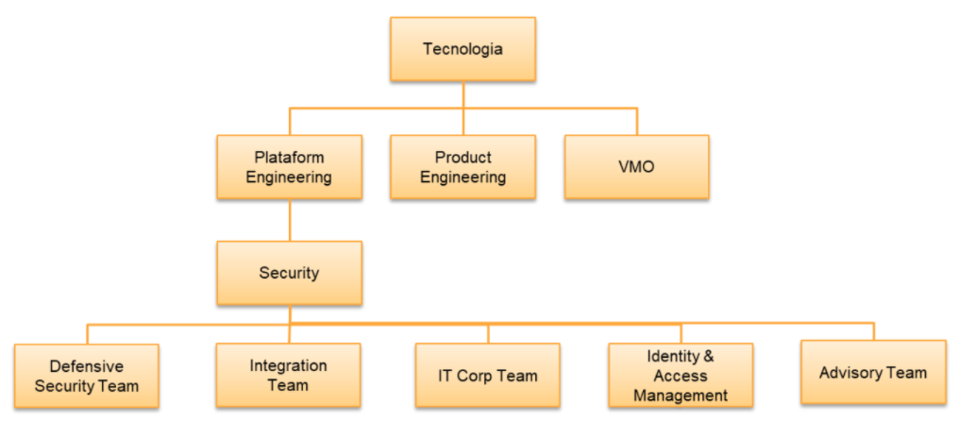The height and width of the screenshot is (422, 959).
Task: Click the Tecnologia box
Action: coord(463,49)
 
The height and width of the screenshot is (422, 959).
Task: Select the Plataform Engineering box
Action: coord(289,167)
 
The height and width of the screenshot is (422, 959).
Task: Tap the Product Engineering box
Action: coord(463,167)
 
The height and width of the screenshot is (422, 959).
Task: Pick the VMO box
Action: coord(636,167)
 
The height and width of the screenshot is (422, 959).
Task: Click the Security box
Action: coord(289,273)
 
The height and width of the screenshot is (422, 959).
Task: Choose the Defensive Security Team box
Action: coord(87,376)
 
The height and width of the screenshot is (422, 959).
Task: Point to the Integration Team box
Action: coord(289,375)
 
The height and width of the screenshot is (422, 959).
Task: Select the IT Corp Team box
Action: coord(488,375)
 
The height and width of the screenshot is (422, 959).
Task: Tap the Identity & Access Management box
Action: coord(681,376)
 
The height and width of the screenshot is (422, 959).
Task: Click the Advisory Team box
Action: coord(873,372)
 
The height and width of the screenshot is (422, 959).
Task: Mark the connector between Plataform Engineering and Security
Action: coord(290,220)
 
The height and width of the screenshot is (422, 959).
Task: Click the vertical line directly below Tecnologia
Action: coord(463,94)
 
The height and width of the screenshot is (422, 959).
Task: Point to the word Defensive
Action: coord(87,366)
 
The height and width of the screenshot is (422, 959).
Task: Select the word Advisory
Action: coord(849,372)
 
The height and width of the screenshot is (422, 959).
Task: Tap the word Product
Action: coord(463,158)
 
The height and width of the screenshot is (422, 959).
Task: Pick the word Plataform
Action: coord(289,158)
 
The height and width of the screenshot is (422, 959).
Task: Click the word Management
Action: coord(681,395)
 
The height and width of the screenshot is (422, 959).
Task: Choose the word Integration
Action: coord(289,365)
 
